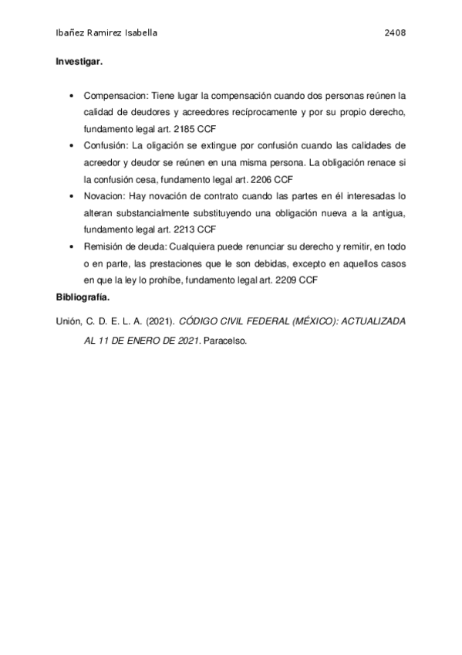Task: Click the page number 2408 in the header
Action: tap(395, 34)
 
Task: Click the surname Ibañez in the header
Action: tap(73, 34)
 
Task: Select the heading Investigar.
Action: tap(79, 60)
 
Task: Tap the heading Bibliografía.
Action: tap(83, 297)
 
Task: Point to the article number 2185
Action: tap(188, 128)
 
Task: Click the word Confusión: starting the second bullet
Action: tap(108, 144)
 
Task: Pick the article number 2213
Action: tap(188, 229)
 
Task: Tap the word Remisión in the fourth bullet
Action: tap(103, 246)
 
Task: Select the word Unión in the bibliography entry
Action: tap(69, 320)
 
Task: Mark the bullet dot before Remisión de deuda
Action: tap(72, 246)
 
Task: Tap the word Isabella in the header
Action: tap(140, 34)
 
